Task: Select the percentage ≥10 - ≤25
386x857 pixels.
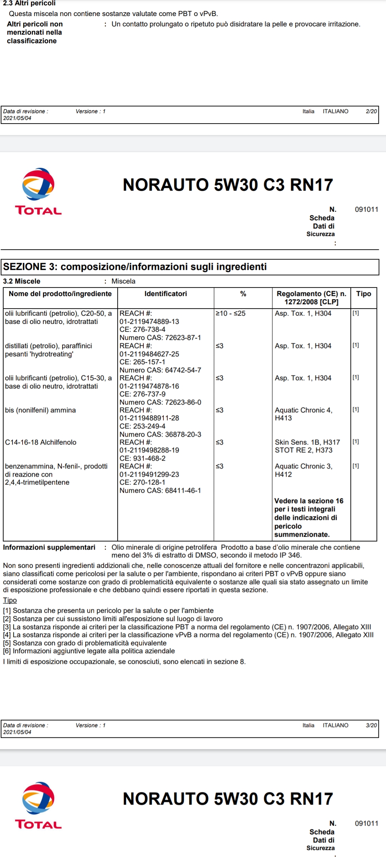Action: (x=231, y=313)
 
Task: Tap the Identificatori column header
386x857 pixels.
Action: (x=165, y=294)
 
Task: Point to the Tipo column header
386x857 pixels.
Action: (x=363, y=294)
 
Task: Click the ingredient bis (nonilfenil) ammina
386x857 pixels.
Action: (x=40, y=410)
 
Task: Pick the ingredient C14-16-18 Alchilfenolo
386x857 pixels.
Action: (x=41, y=442)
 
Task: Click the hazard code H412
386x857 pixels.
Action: (x=283, y=474)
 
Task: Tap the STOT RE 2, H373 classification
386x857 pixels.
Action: (x=303, y=450)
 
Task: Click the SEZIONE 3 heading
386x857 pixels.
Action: (x=135, y=267)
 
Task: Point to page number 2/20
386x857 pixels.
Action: (x=371, y=111)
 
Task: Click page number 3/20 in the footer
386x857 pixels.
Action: (x=371, y=725)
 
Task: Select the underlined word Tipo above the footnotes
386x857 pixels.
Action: (x=10, y=600)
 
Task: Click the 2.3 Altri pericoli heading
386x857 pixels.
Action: (x=29, y=3)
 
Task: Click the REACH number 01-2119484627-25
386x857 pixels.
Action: (x=149, y=354)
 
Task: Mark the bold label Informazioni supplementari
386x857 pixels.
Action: (x=49, y=547)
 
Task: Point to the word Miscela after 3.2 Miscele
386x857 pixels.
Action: (x=123, y=281)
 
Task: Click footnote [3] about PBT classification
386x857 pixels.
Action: (x=187, y=627)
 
